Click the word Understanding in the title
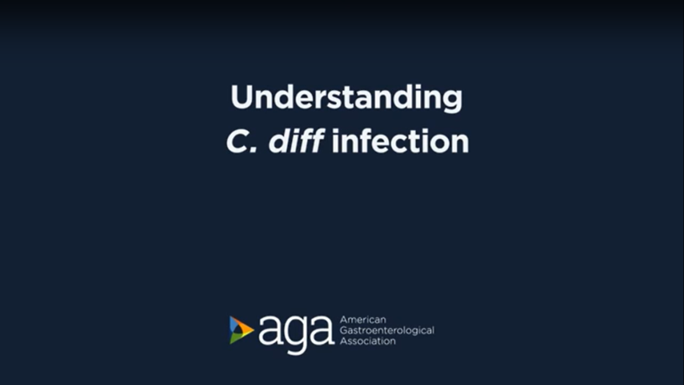click(x=346, y=98)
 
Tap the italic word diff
click(x=297, y=141)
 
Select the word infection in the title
click(x=401, y=141)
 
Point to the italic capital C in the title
click(x=237, y=142)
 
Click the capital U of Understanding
click(x=241, y=97)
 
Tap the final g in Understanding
click(x=452, y=102)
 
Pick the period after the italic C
click(x=254, y=150)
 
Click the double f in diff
click(x=310, y=141)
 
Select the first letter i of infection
click(x=336, y=141)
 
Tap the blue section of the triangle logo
click(x=234, y=325)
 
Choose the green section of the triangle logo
click(x=235, y=338)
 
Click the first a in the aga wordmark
click(x=270, y=330)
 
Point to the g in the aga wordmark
click(x=296, y=335)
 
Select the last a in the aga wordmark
click(x=322, y=330)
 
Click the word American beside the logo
click(x=362, y=320)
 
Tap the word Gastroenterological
click(x=387, y=331)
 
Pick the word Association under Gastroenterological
click(x=368, y=341)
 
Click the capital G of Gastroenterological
click(x=344, y=331)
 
